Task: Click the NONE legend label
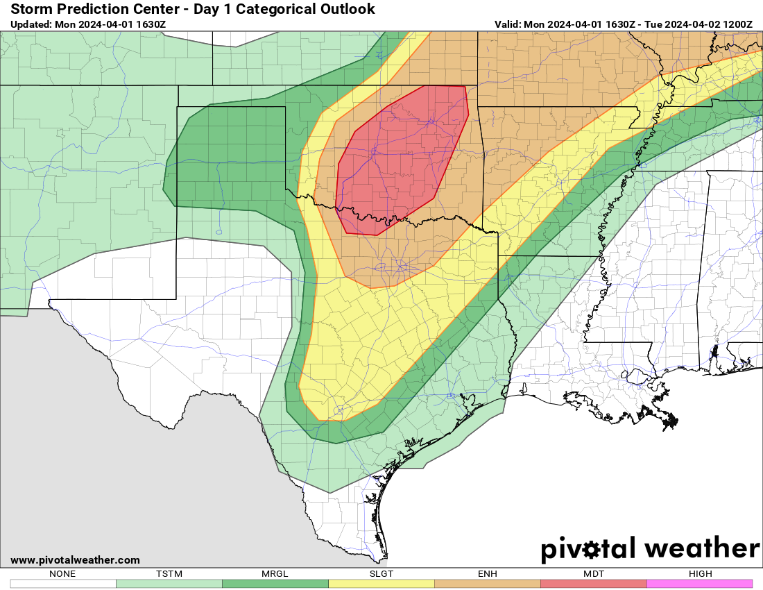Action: point(62,574)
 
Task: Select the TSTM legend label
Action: point(169,574)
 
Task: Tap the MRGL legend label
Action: point(275,574)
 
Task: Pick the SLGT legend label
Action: point(381,574)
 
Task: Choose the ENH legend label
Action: point(487,574)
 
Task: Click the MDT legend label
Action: point(593,574)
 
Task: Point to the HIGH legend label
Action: point(699,574)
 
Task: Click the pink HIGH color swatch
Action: point(699,584)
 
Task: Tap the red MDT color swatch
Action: point(593,584)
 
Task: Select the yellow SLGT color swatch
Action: point(381,584)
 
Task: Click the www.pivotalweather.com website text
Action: point(75,560)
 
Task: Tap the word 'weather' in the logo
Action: point(702,548)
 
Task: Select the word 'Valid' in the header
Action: point(508,24)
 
